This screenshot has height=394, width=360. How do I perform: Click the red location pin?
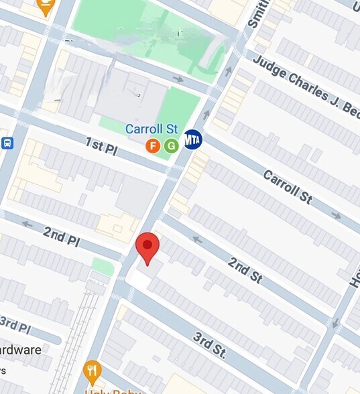point(147,247)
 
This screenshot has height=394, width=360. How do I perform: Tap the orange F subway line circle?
point(153,145)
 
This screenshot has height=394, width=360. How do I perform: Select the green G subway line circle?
point(171,145)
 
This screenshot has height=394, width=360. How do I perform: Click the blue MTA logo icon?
point(193,139)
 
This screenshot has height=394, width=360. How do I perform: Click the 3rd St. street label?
point(208,344)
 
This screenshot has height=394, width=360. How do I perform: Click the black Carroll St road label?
point(288,187)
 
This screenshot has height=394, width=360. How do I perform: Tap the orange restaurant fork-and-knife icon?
point(93,371)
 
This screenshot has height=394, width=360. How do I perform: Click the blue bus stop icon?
point(7,143)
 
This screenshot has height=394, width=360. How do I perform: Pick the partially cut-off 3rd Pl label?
point(15,324)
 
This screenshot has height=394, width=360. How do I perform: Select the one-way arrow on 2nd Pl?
point(27,224)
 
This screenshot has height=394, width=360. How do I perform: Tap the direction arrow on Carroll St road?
point(336,216)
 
